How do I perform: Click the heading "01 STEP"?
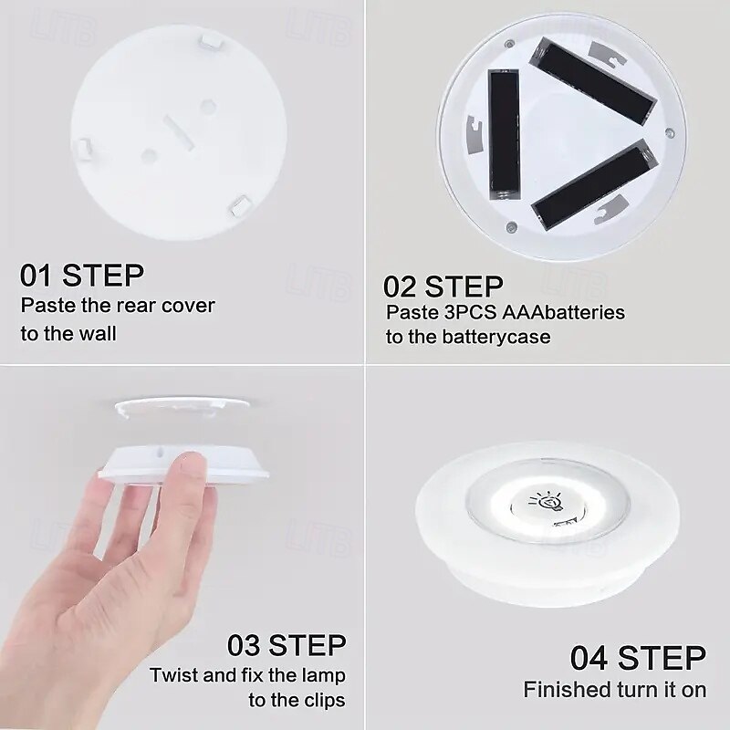point(82,276)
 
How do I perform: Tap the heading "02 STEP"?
point(443,287)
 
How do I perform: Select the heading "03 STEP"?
point(287,645)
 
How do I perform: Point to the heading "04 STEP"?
point(638,658)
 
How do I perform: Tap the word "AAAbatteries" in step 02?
point(563,312)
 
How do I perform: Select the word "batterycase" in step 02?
point(496,337)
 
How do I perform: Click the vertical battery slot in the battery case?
point(504,134)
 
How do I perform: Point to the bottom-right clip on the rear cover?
point(242,206)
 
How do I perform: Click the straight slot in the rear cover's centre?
point(178,132)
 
